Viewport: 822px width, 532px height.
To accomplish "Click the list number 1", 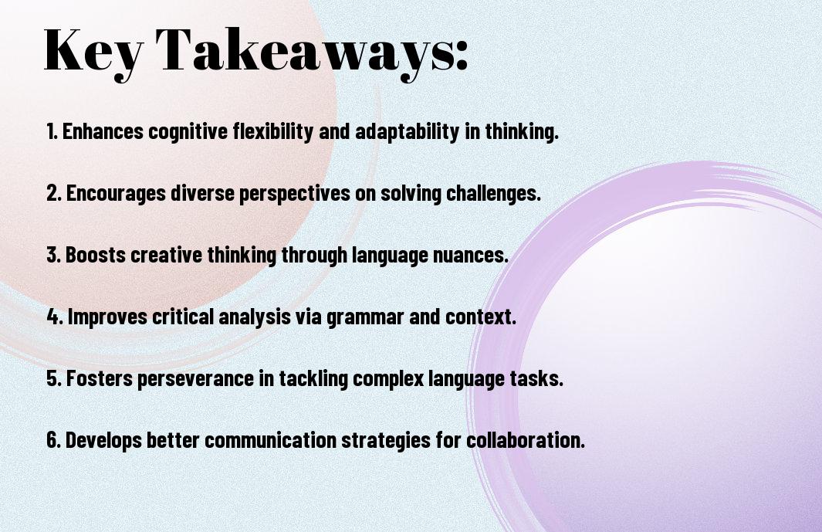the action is click(x=52, y=131).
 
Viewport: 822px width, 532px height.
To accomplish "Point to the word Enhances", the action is click(x=103, y=131).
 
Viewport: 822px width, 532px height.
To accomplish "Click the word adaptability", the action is click(x=407, y=132).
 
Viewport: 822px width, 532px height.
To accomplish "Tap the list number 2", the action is click(x=54, y=193).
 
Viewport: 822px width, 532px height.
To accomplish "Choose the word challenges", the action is click(x=493, y=194).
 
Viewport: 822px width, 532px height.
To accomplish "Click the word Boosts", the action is click(x=96, y=255).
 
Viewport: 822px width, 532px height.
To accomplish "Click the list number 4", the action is click(x=55, y=317).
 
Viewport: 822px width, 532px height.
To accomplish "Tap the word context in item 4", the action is click(x=480, y=317).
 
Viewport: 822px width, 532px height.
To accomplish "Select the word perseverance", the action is click(x=195, y=379).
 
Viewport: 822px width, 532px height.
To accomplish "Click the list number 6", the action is click(x=54, y=439).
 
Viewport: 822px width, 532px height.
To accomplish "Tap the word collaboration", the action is click(x=526, y=439).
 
